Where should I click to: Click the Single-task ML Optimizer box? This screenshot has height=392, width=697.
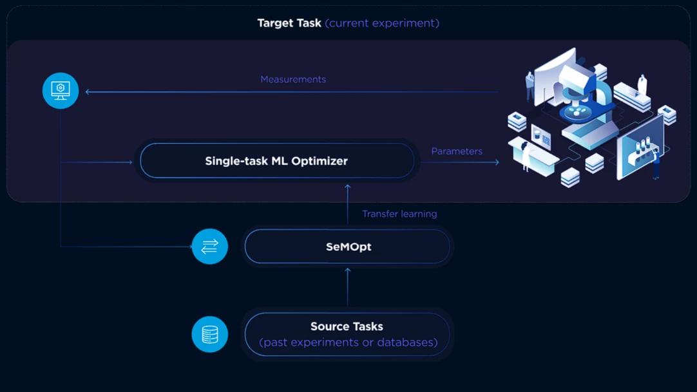[x=277, y=161]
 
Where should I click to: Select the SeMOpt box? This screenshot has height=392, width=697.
[x=347, y=247]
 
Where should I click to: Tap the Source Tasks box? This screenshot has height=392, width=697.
[x=347, y=334]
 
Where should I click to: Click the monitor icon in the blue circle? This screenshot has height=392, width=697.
[x=61, y=90]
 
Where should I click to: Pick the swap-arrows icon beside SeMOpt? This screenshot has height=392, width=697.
[x=210, y=246]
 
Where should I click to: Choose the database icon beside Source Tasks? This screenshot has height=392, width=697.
[x=210, y=334]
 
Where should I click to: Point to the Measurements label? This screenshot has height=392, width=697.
[x=293, y=79]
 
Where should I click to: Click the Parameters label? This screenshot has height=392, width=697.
[x=457, y=151]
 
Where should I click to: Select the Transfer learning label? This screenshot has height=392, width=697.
[x=399, y=214]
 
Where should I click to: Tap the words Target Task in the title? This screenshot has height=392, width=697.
[x=289, y=23]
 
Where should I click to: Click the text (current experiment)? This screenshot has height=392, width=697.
[x=382, y=23]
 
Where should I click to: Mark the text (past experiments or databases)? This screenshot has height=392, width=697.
[x=348, y=342]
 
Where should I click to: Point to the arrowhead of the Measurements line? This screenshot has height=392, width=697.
[x=88, y=92]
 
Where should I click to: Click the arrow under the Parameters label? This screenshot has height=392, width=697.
[x=461, y=162]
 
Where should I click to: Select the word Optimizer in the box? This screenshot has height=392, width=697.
[x=320, y=161]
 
